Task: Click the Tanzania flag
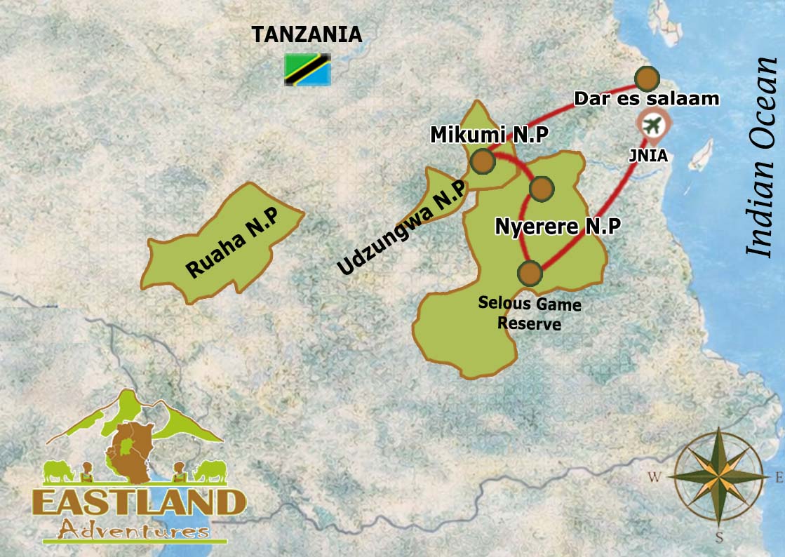click(307, 69)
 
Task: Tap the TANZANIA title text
click(307, 34)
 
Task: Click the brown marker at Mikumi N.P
click(483, 161)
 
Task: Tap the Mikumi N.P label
click(478, 133)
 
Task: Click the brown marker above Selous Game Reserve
click(530, 271)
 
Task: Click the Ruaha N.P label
click(231, 243)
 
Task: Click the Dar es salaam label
click(646, 99)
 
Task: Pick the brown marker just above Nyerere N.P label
click(541, 188)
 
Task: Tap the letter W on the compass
click(654, 478)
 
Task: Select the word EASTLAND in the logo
click(139, 502)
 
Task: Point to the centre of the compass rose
click(719, 477)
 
